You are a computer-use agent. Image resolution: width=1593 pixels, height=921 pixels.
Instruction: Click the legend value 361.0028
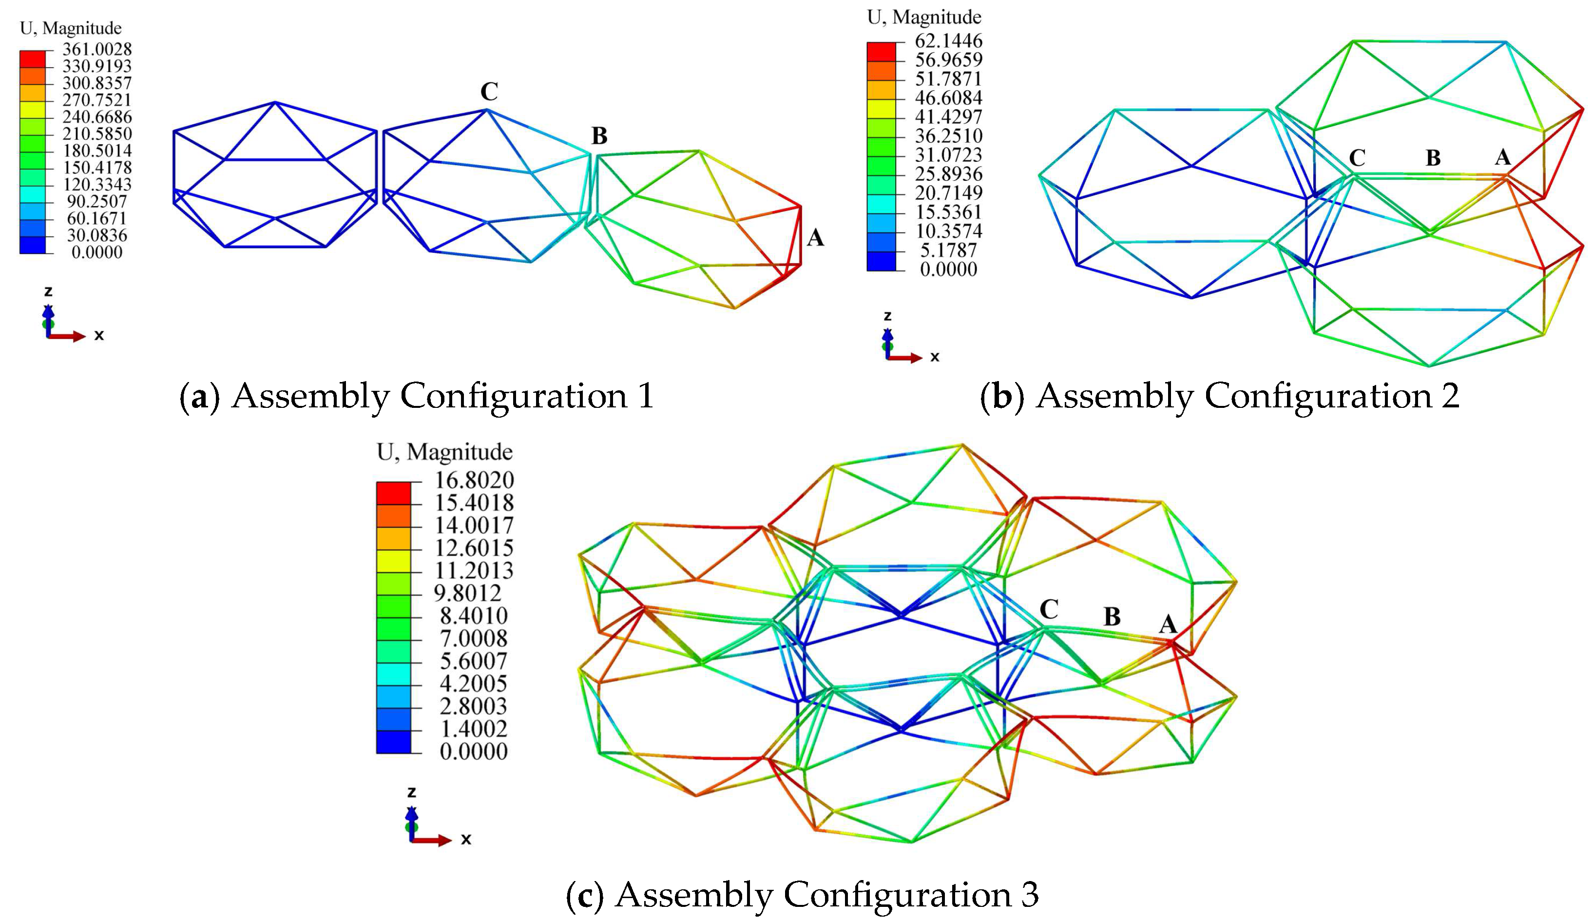96,49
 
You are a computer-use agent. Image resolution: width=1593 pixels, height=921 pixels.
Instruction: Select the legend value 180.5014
96,151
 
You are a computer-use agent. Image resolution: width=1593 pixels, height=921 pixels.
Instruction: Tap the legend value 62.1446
948,41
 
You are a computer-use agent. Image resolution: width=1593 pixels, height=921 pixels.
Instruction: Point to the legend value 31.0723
948,155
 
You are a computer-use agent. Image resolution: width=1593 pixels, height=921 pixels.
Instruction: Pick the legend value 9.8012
467,593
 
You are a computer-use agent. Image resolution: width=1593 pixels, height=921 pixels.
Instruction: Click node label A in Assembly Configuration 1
815,238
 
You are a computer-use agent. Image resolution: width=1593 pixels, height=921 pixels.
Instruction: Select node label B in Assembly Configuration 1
598,136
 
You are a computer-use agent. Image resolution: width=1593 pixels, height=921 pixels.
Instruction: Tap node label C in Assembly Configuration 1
489,92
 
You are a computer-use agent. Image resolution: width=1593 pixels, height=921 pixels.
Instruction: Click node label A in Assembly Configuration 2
1502,157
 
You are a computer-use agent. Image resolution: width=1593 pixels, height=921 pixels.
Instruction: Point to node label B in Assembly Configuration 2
1433,158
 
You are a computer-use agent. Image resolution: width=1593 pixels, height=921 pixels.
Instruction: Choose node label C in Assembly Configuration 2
1357,158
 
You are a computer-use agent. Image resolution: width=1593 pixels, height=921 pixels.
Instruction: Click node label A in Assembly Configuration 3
1168,625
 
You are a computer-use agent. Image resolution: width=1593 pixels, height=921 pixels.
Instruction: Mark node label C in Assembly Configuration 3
1049,609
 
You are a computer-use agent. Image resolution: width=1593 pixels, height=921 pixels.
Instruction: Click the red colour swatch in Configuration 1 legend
32,58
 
